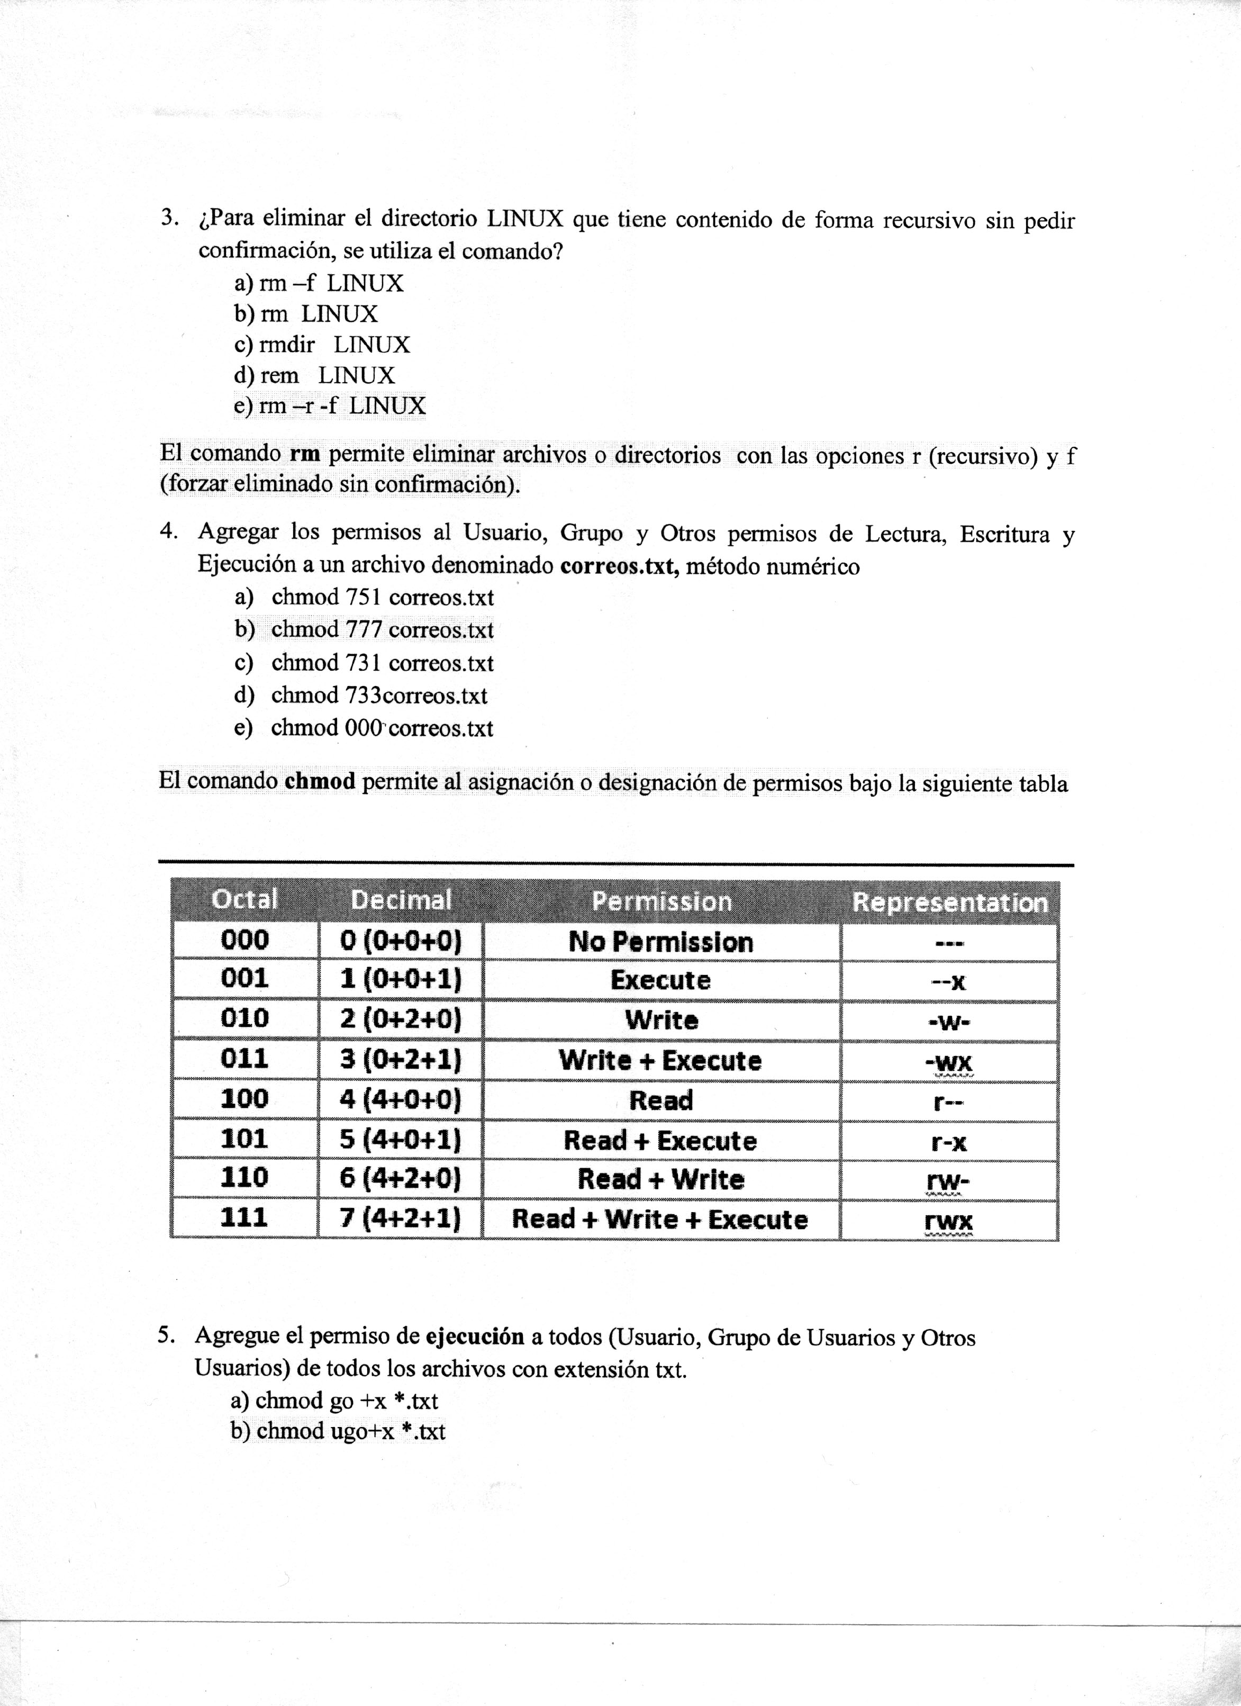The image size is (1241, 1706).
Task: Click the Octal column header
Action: point(245,900)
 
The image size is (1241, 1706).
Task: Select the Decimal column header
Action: point(401,900)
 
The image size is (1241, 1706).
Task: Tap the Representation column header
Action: point(949,902)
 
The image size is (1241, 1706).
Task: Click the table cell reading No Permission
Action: point(660,942)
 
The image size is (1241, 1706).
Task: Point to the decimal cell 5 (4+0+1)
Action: point(400,1140)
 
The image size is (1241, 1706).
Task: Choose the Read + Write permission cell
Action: point(660,1179)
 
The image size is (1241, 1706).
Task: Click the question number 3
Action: point(168,218)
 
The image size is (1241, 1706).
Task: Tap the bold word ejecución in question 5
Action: point(475,1337)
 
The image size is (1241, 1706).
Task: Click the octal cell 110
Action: point(245,1177)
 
